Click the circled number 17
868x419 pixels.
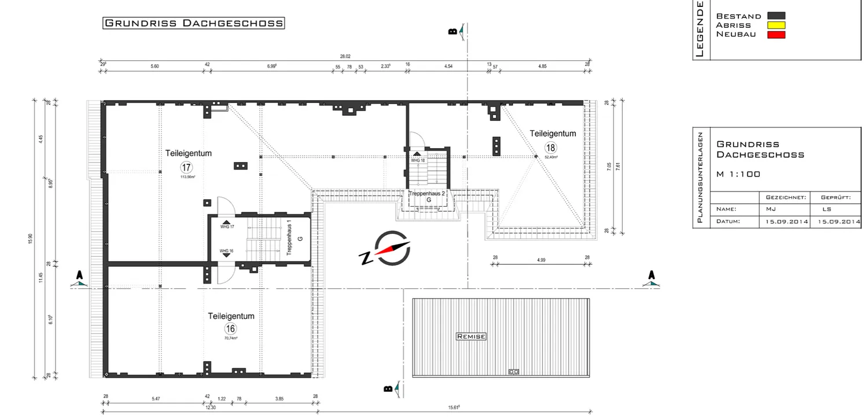(x=186, y=167)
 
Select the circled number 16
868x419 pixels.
(x=230, y=329)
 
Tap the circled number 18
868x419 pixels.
(x=550, y=147)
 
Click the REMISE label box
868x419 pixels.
(x=471, y=336)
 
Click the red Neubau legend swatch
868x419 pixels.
(x=776, y=35)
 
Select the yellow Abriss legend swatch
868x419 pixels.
(x=776, y=25)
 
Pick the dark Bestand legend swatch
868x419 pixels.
(x=776, y=16)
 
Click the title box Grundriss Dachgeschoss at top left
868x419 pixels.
(x=193, y=23)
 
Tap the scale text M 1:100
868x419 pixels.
(x=738, y=174)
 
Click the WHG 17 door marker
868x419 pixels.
(x=227, y=224)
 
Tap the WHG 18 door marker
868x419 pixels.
(x=417, y=157)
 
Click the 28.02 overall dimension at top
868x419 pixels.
(x=345, y=57)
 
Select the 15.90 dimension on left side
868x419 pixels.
(x=30, y=238)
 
